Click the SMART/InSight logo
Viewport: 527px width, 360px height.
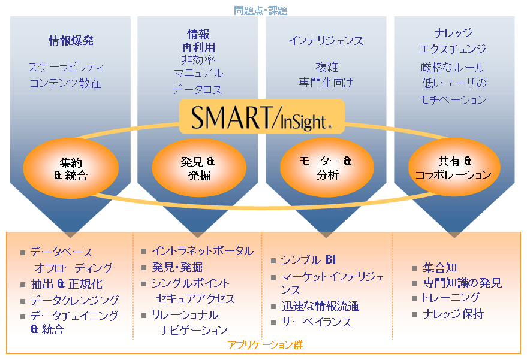[261, 117]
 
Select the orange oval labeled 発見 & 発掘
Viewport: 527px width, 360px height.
[198, 168]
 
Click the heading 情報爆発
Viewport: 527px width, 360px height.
[71, 41]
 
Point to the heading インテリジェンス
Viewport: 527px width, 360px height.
[326, 41]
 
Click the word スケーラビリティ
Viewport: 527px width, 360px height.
[66, 67]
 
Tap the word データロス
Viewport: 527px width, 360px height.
[197, 90]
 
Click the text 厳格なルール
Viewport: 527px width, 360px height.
[453, 68]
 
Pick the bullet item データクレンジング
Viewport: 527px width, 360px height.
[74, 300]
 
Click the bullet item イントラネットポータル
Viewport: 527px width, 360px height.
[203, 251]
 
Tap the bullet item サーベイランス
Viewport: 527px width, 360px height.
[316, 322]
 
